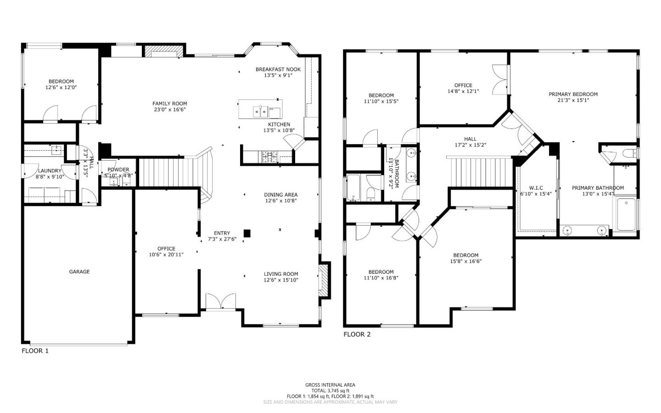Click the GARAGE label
pos(79,272)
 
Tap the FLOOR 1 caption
pos(35,351)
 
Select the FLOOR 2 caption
pos(357,334)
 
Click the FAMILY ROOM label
pos(170,103)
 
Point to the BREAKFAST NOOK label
pos(278,69)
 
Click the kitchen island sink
pos(260,111)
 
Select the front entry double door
pos(221,302)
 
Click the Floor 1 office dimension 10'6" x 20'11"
pos(166,255)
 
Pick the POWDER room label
pos(118,170)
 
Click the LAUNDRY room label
pos(50,170)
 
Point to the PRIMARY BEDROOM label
pos(573,94)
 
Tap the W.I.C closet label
pos(536,188)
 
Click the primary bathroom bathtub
pos(626,215)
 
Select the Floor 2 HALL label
pos(470,139)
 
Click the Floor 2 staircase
pos(479,172)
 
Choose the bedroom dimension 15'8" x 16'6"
pos(466,261)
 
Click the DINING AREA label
pos(281,194)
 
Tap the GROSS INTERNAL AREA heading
pos(330,385)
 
